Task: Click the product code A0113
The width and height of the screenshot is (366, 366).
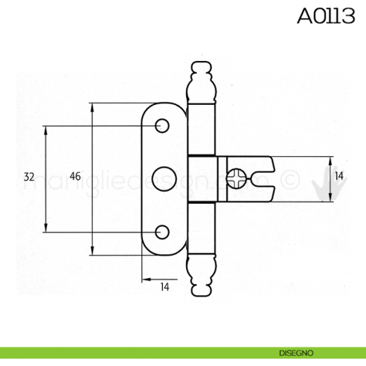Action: click(326, 16)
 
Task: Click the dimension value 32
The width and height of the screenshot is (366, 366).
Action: click(29, 177)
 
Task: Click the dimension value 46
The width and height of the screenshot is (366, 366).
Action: click(75, 177)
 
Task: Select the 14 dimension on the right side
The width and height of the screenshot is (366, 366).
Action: click(339, 176)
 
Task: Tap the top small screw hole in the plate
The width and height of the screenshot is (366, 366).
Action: click(161, 127)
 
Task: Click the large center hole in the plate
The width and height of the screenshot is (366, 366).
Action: click(163, 179)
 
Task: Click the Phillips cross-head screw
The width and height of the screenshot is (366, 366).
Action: click(237, 179)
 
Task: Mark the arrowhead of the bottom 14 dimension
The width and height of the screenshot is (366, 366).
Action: click(146, 280)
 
